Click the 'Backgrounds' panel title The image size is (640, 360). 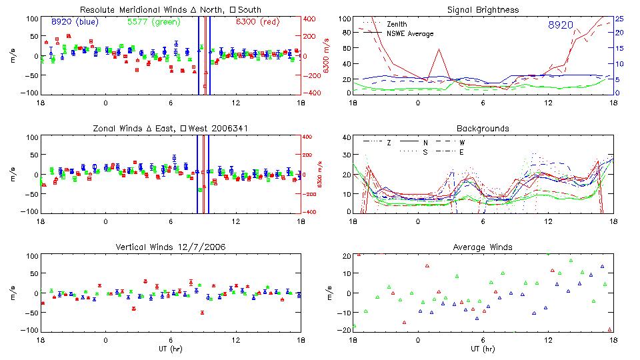pyautogui.click(x=483, y=128)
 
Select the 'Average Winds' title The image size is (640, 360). pyautogui.click(x=483, y=247)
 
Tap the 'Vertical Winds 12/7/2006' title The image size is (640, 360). pyautogui.click(x=171, y=247)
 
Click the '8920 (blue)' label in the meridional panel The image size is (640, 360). pyautogui.click(x=75, y=22)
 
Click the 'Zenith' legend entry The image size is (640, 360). pyautogui.click(x=398, y=24)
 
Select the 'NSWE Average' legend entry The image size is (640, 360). pyautogui.click(x=410, y=33)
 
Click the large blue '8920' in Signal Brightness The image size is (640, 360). pyautogui.click(x=561, y=25)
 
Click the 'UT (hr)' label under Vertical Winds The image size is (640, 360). pyautogui.click(x=171, y=349)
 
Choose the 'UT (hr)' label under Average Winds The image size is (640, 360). pyautogui.click(x=483, y=349)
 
